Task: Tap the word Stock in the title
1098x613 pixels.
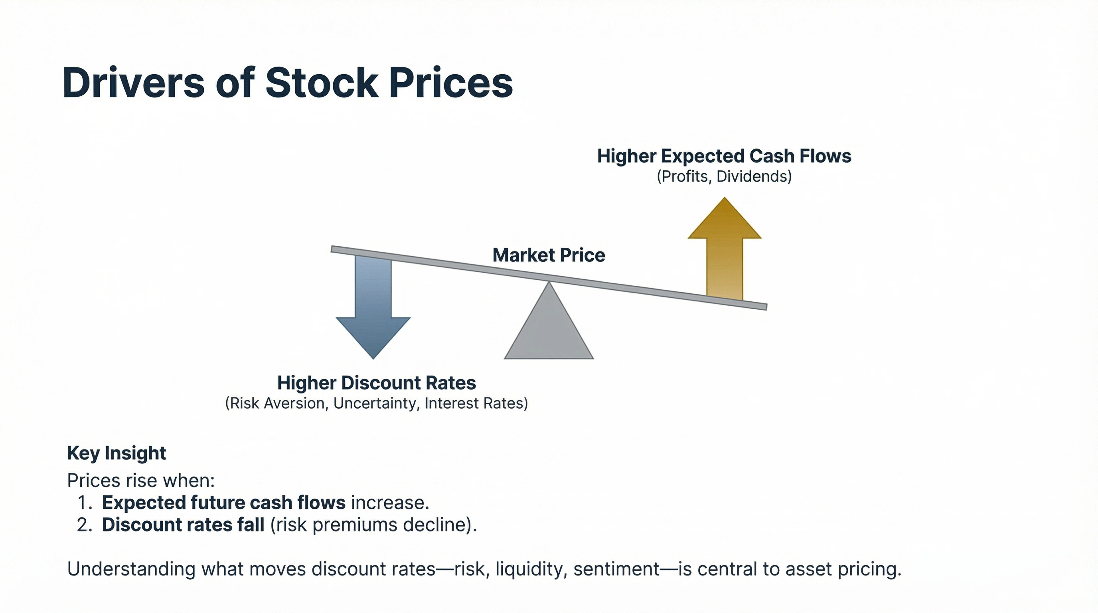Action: point(322,83)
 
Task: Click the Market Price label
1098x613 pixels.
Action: point(549,255)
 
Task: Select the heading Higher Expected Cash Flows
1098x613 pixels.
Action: point(724,156)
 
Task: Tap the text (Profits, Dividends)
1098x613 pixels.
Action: point(724,176)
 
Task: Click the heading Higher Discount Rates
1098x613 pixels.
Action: point(376,383)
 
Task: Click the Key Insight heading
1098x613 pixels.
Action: point(117,453)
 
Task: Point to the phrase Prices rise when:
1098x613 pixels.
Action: point(141,481)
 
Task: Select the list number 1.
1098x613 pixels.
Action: point(83,503)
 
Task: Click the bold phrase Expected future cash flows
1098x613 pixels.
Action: point(223,503)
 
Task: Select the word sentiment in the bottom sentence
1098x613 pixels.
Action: point(616,569)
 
